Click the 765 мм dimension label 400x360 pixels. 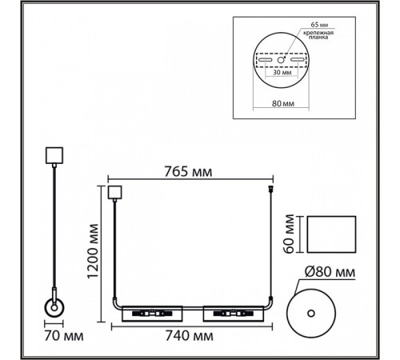pos(188,172)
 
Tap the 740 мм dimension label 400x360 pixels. pos(190,336)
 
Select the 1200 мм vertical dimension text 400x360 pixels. pos(93,251)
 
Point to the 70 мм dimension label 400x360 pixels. pos(64,336)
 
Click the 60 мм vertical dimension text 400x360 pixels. pos(289,234)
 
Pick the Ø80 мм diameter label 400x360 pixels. pos(330,272)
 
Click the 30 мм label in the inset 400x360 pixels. pos(282,72)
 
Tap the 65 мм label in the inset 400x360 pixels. pos(319,25)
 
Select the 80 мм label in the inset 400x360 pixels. pos(283,103)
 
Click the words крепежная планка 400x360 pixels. pos(318,35)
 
